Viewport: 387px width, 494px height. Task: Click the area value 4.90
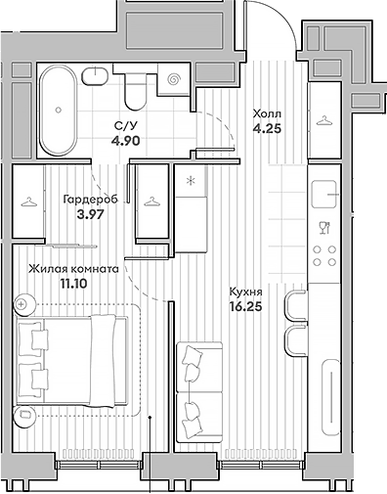tap(124, 140)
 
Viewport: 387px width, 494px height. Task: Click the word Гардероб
tap(89, 199)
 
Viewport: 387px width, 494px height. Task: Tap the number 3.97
tap(89, 214)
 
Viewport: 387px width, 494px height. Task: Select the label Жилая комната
tap(73, 268)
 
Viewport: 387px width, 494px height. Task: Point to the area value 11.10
tap(73, 284)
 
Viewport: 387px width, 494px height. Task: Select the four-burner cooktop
tap(324, 256)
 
